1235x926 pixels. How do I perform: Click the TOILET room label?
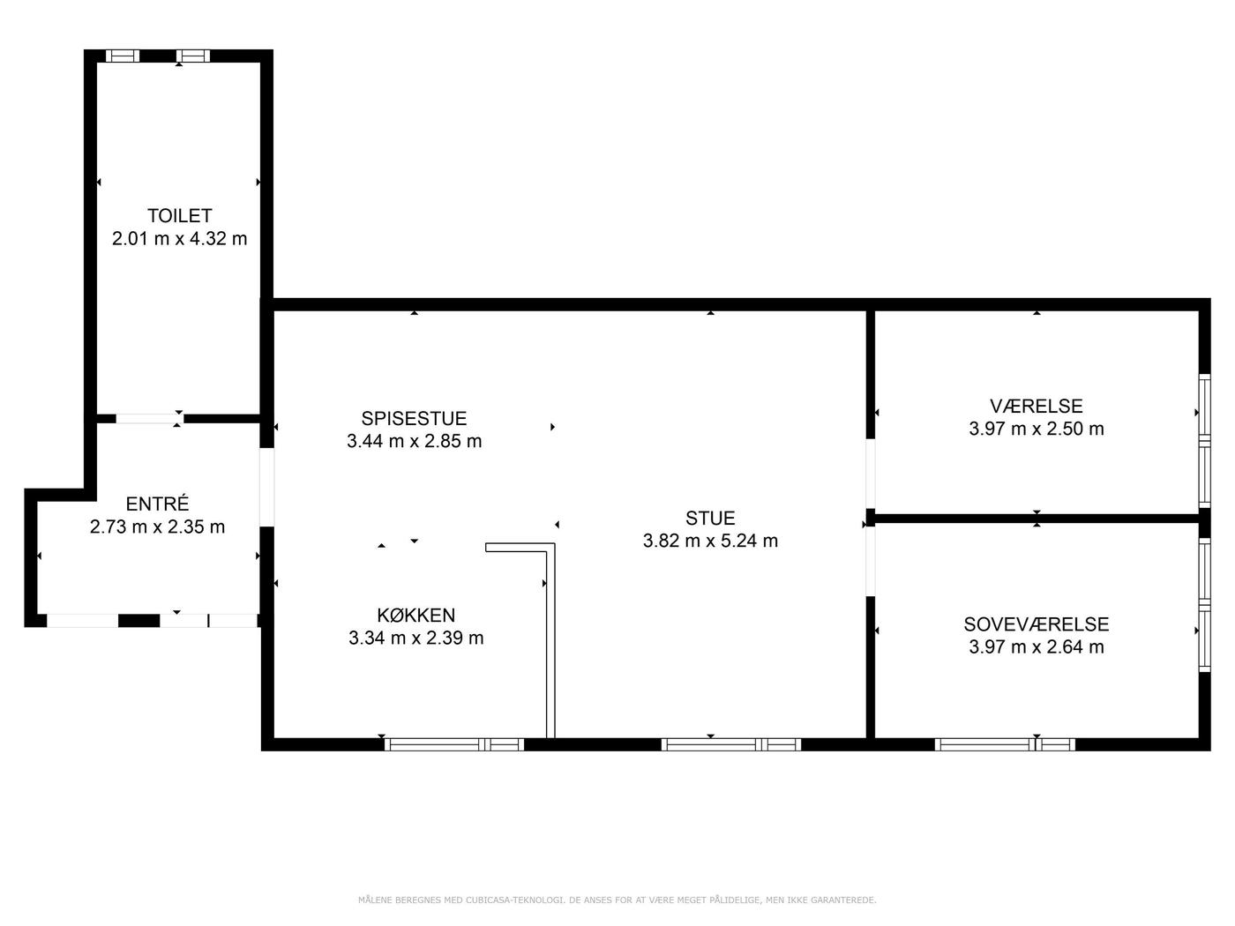click(179, 216)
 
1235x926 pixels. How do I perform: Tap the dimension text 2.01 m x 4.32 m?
click(179, 239)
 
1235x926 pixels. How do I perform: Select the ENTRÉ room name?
click(157, 504)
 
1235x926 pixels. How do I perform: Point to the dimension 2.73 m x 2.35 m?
click(157, 526)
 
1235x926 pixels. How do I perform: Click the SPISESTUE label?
click(414, 419)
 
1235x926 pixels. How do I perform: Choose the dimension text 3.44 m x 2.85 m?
click(414, 441)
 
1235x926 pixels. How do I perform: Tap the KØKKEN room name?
click(415, 615)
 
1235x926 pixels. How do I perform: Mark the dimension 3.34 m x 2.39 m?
click(415, 638)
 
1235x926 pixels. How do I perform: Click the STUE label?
click(710, 518)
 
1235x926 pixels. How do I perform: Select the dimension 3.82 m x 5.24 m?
click(710, 541)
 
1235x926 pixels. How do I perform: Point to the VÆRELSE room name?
click(1037, 406)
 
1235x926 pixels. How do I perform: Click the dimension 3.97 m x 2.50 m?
click(1037, 429)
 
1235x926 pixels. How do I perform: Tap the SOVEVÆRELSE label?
click(1037, 624)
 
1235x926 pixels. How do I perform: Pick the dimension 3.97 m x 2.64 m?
click(1037, 647)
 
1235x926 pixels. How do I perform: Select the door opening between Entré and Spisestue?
click(266, 488)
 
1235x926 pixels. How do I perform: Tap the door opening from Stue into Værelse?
click(871, 474)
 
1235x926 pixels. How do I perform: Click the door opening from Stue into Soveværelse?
click(871, 561)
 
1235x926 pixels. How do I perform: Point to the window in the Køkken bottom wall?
click(454, 745)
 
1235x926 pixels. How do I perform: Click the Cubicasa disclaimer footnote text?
click(617, 900)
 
